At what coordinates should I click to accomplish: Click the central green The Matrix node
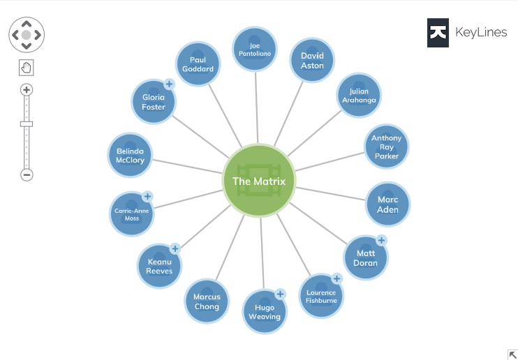[259, 181]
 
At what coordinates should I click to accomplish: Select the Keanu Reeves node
[159, 266]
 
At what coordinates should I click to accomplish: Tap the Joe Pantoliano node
[254, 49]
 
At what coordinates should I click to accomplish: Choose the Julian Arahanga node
[359, 96]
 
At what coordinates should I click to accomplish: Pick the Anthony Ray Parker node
[386, 147]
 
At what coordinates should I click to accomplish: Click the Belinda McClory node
[130, 155]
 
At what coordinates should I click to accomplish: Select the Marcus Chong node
[207, 301]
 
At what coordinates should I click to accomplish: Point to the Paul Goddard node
[198, 64]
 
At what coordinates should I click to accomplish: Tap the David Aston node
[312, 60]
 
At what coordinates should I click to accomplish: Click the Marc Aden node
[387, 204]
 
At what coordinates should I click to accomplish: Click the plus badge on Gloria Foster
[168, 84]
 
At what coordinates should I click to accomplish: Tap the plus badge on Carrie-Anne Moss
[147, 197]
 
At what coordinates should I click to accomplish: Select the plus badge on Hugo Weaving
[280, 294]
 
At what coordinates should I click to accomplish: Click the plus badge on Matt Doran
[381, 241]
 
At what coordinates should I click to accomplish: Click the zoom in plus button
[27, 89]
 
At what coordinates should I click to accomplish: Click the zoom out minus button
[27, 174]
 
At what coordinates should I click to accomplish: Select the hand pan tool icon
[27, 68]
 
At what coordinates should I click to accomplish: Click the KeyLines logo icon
[438, 32]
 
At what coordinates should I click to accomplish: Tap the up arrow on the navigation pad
[27, 22]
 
